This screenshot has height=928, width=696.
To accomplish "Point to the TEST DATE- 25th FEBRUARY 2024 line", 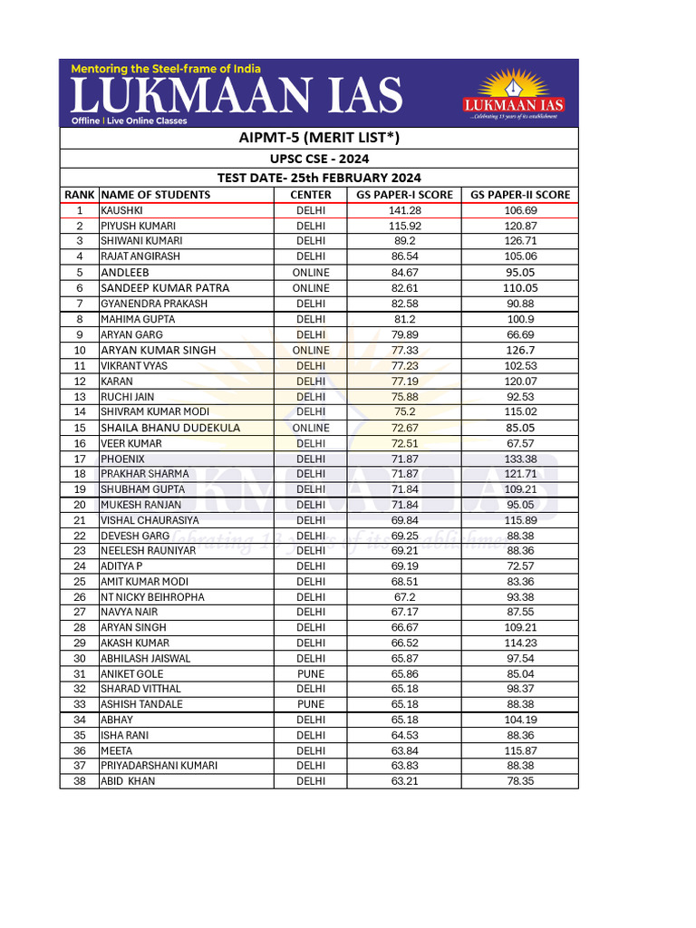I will (318, 178).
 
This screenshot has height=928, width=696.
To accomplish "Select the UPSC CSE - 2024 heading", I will (318, 159).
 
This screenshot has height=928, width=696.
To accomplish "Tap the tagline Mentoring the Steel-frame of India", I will (166, 69).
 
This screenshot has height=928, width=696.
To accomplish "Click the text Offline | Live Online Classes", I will (129, 121).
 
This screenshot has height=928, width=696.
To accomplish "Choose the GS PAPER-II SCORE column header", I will (519, 195).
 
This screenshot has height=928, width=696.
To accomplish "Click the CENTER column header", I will (311, 195).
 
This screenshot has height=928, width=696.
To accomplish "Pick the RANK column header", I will (80, 195).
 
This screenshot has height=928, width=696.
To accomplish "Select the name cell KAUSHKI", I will (122, 210).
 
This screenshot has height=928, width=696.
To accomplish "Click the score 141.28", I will (404, 210).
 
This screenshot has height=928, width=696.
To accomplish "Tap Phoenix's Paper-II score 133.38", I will (520, 459).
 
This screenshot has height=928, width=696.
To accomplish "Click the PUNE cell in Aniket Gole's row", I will (311, 674).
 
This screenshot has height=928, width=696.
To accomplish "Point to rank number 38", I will (80, 781).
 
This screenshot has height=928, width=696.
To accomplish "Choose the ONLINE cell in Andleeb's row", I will (311, 273).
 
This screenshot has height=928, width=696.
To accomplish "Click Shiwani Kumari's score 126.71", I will (520, 241).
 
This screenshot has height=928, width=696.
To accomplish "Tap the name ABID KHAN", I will (128, 781).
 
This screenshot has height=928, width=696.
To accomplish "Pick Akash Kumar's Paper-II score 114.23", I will (520, 643).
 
